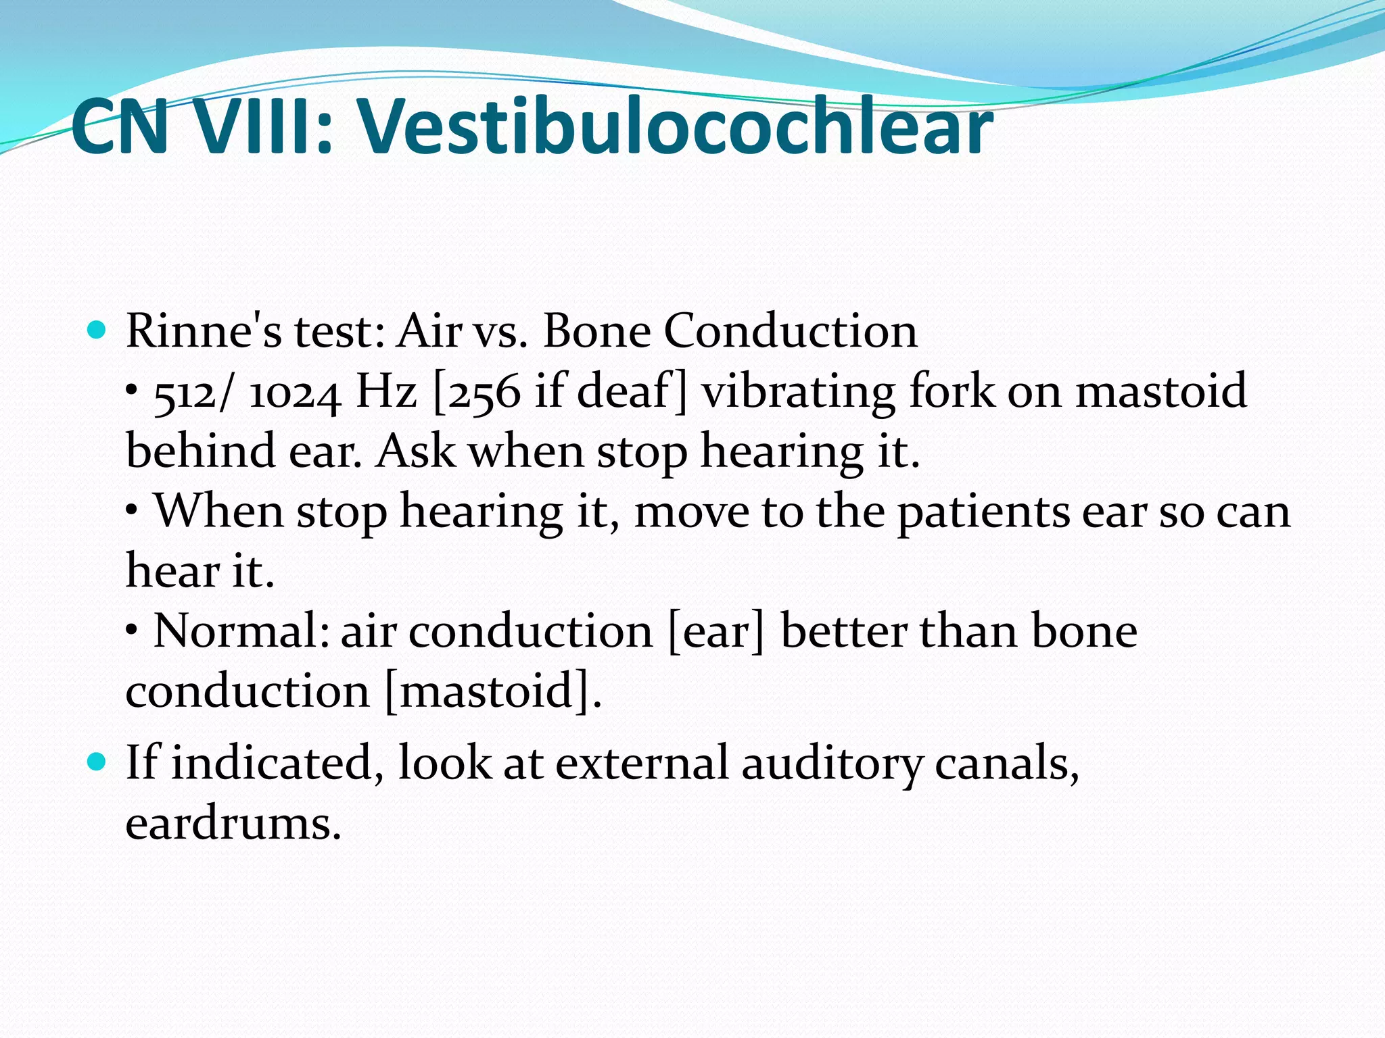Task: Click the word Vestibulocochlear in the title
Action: [675, 126]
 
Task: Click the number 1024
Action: [294, 393]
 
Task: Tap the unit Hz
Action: [386, 391]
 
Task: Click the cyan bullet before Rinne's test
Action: [98, 330]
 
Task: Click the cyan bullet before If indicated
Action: [98, 762]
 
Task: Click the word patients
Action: [983, 512]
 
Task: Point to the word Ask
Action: [415, 451]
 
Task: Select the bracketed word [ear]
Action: [715, 632]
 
